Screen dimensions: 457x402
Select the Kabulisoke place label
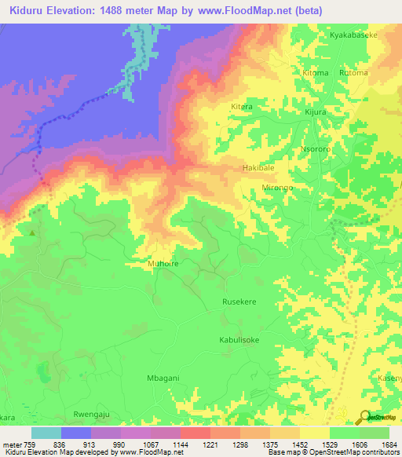click(239, 340)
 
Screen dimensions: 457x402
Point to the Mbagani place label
click(163, 378)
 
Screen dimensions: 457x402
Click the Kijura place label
click(316, 113)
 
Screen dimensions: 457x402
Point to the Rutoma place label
click(353, 73)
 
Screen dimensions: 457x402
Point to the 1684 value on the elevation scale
click(386, 444)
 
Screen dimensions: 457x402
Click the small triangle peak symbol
click(32, 232)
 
